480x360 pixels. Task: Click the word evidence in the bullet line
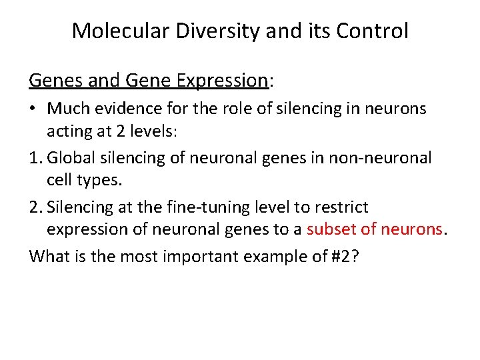point(123,108)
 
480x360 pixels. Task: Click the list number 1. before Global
point(37,158)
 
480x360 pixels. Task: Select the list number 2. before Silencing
point(37,207)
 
